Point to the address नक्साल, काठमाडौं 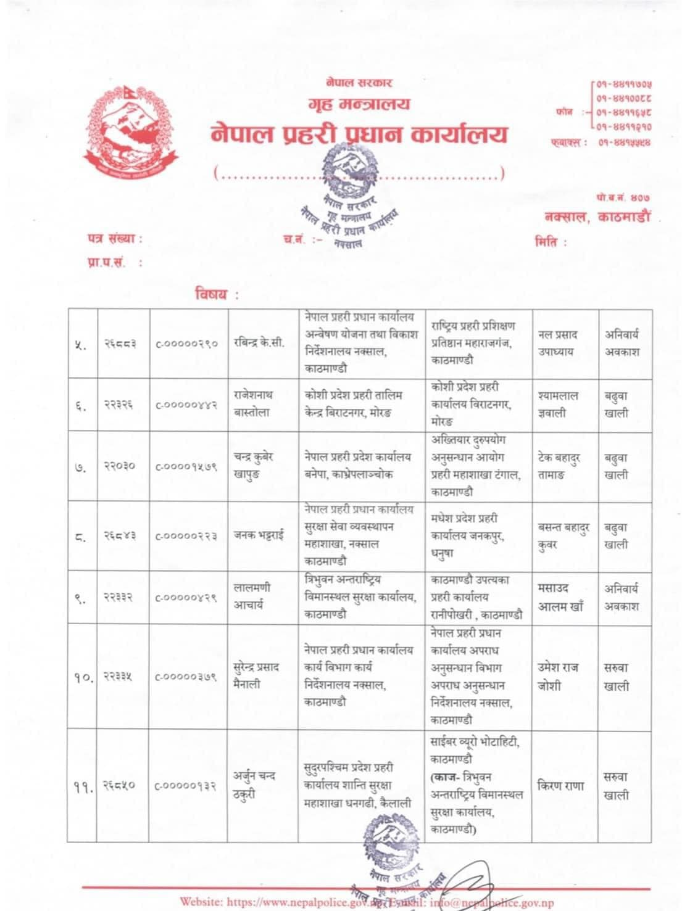pyautogui.click(x=597, y=217)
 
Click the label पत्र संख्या pyautogui.click(x=114, y=239)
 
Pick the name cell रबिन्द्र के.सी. pyautogui.click(x=259, y=344)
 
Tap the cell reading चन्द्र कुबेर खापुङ pyautogui.click(x=253, y=466)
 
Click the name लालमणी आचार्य pyautogui.click(x=252, y=596)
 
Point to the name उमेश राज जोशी pyautogui.click(x=558, y=676)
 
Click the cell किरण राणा pyautogui.click(x=561, y=786)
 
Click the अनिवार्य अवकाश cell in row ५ pyautogui.click(x=622, y=343)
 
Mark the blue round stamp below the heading pyautogui.click(x=349, y=197)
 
